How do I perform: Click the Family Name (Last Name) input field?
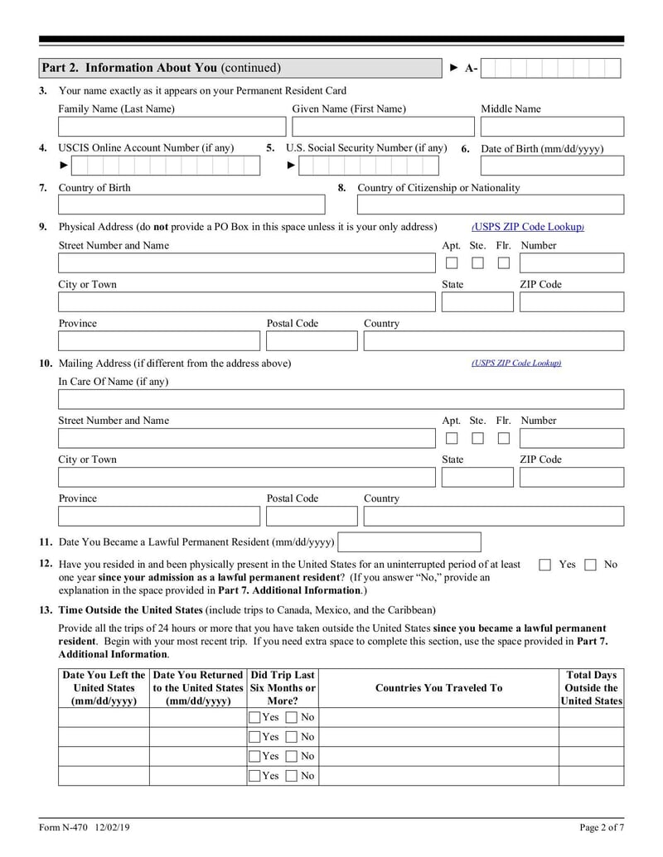(172, 127)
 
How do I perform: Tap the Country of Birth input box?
(191, 205)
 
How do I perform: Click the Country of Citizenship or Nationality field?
(491, 205)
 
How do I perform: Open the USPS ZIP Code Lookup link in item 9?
(528, 227)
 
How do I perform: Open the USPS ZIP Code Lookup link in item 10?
(516, 363)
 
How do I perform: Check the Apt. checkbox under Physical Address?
(452, 263)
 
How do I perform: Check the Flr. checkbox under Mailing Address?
(503, 438)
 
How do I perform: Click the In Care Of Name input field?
(341, 400)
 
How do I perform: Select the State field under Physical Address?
(477, 302)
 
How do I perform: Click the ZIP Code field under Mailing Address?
(571, 478)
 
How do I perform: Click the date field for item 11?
(409, 542)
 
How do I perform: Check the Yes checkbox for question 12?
(544, 565)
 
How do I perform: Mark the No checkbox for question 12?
(590, 565)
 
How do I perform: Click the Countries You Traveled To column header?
(438, 688)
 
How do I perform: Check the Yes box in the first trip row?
(254, 716)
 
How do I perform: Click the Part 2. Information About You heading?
(162, 68)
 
